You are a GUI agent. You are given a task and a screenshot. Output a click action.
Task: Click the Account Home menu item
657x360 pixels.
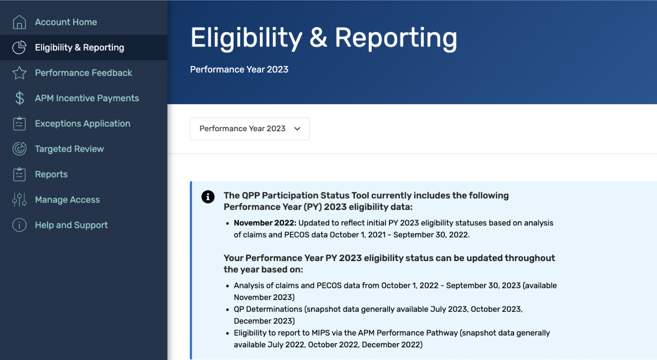click(66, 22)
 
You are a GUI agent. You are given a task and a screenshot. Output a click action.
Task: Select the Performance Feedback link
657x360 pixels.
click(83, 73)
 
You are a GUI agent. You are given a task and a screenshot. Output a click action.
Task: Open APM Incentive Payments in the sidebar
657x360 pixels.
click(87, 98)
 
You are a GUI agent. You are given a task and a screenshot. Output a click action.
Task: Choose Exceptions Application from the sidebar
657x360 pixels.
click(82, 123)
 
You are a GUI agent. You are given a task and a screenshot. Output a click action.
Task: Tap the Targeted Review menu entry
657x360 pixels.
click(69, 149)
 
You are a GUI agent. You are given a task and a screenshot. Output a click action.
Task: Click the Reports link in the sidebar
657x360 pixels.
click(51, 174)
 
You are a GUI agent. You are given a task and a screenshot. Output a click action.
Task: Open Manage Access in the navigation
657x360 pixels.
click(67, 199)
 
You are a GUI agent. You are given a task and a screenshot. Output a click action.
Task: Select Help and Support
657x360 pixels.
click(71, 225)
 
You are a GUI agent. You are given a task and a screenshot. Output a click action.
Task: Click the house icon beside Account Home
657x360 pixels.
click(19, 22)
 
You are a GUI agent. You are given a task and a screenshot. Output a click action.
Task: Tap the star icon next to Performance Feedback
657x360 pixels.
click(19, 73)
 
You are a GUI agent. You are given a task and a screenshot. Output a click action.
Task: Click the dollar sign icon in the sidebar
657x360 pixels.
click(19, 98)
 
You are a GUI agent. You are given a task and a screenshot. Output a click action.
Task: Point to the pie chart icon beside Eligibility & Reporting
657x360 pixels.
click(19, 47)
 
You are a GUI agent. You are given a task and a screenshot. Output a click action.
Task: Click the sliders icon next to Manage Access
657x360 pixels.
click(19, 199)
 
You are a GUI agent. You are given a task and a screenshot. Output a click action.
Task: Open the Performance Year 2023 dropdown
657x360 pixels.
click(249, 128)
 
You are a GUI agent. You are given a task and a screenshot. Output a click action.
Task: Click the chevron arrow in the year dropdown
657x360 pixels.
click(297, 129)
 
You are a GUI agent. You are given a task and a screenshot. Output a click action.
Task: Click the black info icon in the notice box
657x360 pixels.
click(208, 197)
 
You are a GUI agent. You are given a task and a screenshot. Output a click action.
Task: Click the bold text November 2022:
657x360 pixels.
click(265, 223)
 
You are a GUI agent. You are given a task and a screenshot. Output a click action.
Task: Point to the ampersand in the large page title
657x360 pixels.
click(318, 37)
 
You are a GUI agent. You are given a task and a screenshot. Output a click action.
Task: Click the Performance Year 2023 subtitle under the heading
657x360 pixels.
click(239, 69)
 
